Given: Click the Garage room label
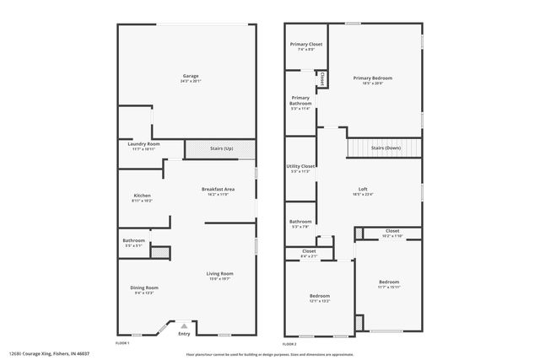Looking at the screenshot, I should (190, 76).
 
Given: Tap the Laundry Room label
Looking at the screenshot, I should (143, 144).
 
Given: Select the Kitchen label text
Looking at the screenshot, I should (142, 196).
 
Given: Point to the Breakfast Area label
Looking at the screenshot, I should (219, 188).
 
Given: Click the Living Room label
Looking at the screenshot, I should (220, 274).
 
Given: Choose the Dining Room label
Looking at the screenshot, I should (144, 288).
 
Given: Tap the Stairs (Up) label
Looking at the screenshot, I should (221, 149).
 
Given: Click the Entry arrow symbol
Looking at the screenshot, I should (184, 324).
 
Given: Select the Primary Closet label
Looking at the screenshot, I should (306, 44).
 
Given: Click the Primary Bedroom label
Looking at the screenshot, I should (373, 78).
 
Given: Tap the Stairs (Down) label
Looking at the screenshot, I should (385, 148).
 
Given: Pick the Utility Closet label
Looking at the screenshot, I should (301, 166).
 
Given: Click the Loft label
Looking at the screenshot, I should (363, 188).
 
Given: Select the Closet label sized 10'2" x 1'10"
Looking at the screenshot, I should (392, 231).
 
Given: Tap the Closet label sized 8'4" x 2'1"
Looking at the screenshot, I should (309, 251).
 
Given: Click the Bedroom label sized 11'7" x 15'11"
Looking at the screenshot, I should (388, 282).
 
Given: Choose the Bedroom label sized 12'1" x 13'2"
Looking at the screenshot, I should (319, 296).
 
